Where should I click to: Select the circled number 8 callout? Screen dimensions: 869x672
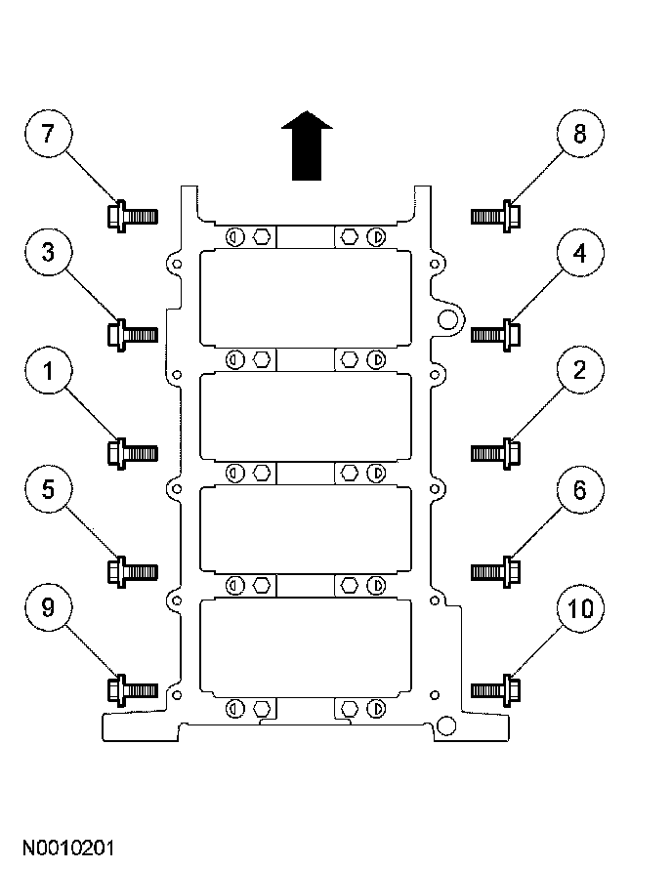point(579,135)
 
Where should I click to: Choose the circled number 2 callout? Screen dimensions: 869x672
point(579,372)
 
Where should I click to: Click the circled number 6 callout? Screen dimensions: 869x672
point(579,490)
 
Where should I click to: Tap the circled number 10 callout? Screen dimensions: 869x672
point(579,608)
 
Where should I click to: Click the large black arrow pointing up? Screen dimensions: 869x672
point(307,144)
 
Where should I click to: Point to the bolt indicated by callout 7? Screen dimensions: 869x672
point(131,214)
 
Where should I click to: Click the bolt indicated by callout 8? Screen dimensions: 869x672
point(495,214)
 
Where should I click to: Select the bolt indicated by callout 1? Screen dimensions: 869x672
point(131,452)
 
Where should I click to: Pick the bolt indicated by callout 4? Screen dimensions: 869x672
point(495,334)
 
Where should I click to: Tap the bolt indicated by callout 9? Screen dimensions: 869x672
point(131,689)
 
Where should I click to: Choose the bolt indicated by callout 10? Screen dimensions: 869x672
point(495,689)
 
